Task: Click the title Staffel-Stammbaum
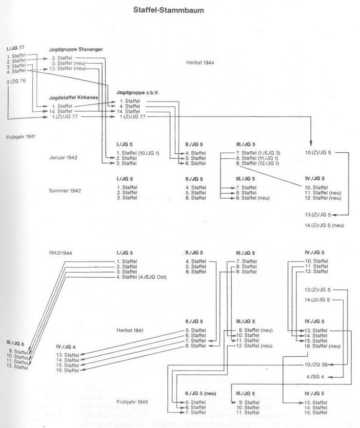click(168, 9)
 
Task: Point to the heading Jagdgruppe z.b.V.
click(138, 92)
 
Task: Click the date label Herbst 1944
click(200, 62)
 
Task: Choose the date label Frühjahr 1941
click(21, 137)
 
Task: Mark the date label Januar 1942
click(63, 158)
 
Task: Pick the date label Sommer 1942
click(65, 190)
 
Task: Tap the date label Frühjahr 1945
click(132, 402)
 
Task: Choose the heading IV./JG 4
click(67, 347)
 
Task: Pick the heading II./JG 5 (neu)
click(200, 393)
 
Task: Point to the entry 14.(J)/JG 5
click(317, 299)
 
